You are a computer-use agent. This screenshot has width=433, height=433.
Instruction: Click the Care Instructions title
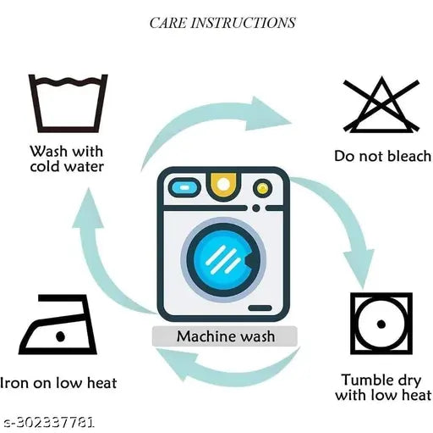222,23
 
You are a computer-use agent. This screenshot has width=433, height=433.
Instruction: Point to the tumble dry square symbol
354,324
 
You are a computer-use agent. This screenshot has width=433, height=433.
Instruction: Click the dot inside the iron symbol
61,336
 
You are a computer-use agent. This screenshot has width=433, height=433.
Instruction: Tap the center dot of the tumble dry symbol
381,324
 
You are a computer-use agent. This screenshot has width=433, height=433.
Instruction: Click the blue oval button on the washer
184,187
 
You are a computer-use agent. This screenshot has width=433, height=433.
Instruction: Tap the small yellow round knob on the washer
262,188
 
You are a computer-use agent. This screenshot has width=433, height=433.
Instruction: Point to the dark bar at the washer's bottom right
260,308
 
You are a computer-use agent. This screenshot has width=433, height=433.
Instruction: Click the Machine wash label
226,336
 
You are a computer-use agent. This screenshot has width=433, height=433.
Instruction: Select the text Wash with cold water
67,158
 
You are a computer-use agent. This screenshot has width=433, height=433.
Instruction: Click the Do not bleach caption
383,156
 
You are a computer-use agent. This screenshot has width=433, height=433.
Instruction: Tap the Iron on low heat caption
58,383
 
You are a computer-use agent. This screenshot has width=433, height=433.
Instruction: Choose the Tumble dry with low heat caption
383,387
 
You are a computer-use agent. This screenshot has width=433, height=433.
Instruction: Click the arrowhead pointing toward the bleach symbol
268,114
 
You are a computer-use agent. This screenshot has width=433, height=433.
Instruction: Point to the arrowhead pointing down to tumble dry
359,269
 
